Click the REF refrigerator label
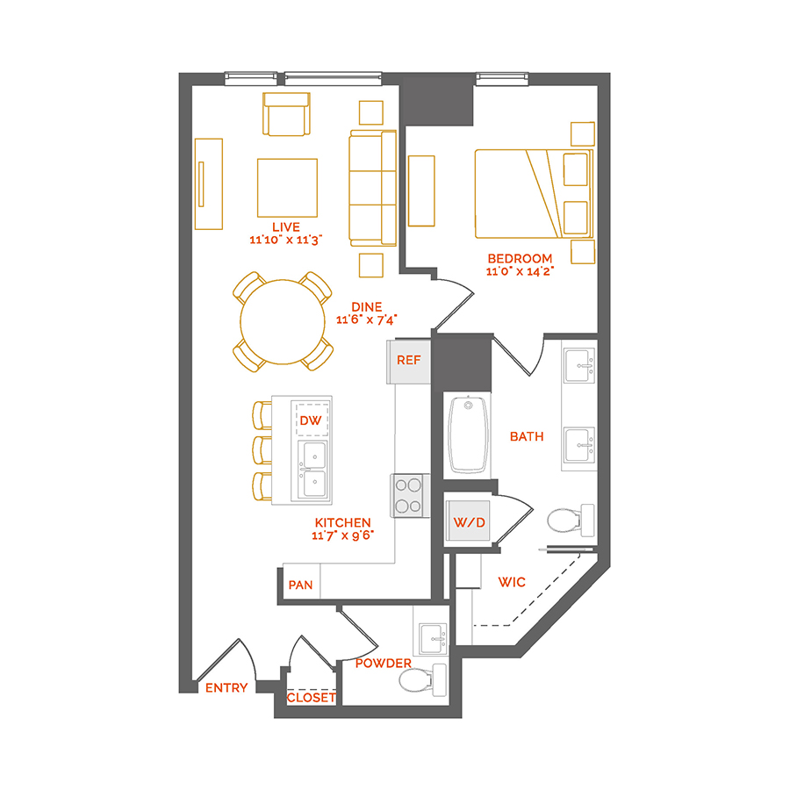(x=408, y=360)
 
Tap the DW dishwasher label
(x=311, y=421)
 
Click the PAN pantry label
(x=299, y=583)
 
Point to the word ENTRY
(x=226, y=688)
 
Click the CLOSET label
(x=312, y=698)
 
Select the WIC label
(x=512, y=581)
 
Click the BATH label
(x=527, y=435)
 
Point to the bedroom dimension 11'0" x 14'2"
(x=521, y=271)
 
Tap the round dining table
(x=283, y=321)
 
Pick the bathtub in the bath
(x=469, y=434)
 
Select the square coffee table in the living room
(x=287, y=187)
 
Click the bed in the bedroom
(x=527, y=193)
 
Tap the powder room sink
(x=432, y=639)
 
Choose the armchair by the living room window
(x=287, y=115)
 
